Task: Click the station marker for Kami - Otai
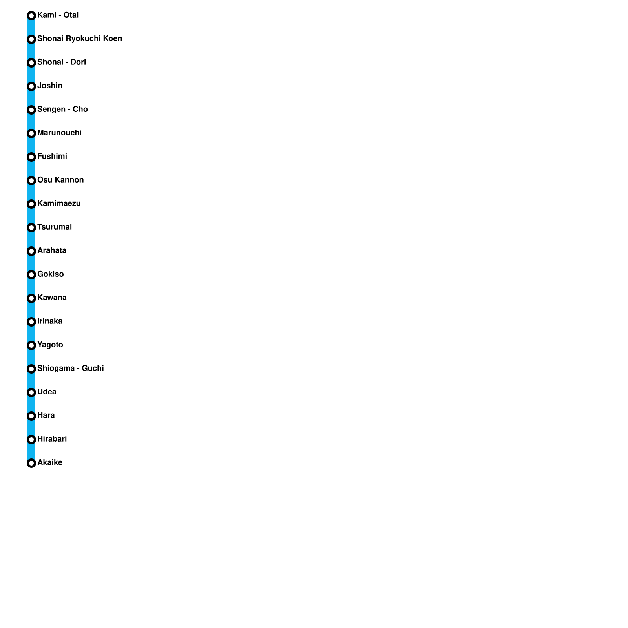(x=31, y=16)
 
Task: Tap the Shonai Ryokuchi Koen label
(x=80, y=38)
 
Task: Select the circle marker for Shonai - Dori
(x=31, y=63)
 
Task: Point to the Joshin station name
(x=50, y=86)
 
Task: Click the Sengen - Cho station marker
(x=31, y=110)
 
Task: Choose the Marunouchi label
(x=59, y=133)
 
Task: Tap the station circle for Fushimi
(x=31, y=157)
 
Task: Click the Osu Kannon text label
(x=60, y=180)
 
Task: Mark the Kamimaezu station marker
(x=31, y=204)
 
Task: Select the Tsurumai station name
(x=55, y=227)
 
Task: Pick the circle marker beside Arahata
(x=31, y=251)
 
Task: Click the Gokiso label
(x=50, y=274)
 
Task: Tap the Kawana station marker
(x=31, y=298)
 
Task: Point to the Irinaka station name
(x=50, y=321)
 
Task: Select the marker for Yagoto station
(x=31, y=345)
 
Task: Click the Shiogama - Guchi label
(x=71, y=368)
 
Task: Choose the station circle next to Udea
(x=31, y=392)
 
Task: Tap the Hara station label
(x=46, y=415)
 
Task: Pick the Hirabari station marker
(x=31, y=440)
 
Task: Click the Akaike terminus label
(x=50, y=462)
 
